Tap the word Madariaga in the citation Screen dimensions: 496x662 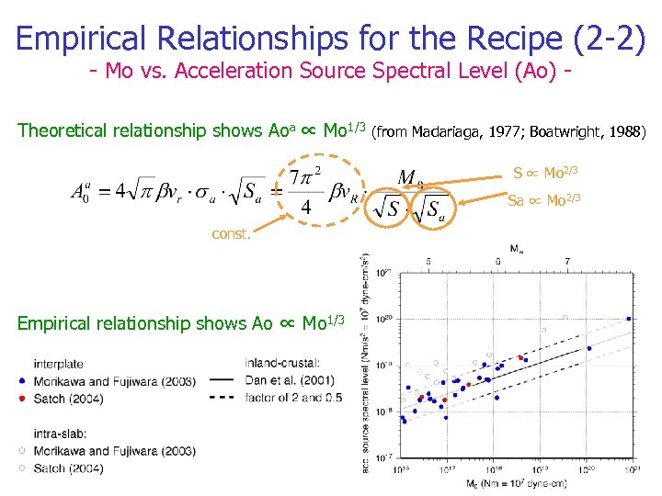point(450,131)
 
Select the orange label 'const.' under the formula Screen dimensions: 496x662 point(231,234)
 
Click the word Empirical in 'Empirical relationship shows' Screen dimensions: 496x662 point(63,323)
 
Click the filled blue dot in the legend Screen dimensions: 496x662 point(21,380)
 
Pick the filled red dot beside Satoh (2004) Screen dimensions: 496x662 point(21,399)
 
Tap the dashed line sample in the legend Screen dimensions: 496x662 point(221,399)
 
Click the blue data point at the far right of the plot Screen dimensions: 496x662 point(629,319)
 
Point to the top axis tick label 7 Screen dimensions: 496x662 point(566,262)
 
